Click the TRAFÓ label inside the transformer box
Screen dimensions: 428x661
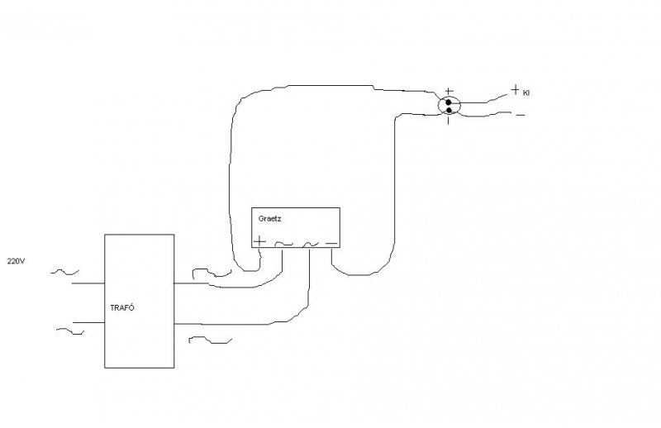[121, 307]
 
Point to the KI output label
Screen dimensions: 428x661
[525, 93]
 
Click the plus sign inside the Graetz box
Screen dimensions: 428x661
[260, 241]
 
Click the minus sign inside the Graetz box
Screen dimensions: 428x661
[330, 242]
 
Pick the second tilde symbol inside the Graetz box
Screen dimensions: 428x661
[310, 244]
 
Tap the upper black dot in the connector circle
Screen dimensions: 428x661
[449, 102]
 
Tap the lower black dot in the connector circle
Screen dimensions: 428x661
[449, 110]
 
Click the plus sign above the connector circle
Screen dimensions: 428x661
[449, 91]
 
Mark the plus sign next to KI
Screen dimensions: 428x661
[515, 90]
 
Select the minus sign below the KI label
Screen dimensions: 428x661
[520, 115]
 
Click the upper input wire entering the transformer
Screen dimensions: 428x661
[86, 283]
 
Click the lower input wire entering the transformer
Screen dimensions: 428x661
[86, 321]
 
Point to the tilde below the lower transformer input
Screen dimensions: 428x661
[70, 332]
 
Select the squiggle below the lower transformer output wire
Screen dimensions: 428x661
[210, 339]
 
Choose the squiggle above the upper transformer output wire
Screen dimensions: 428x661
[207, 270]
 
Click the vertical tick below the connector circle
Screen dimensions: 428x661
[449, 121]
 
